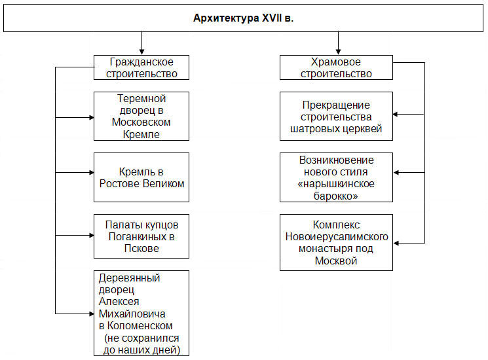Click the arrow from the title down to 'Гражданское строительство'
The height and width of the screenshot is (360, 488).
click(142, 43)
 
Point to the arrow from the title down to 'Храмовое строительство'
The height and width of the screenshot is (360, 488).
click(338, 43)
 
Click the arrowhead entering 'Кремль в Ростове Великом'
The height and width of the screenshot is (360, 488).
click(92, 173)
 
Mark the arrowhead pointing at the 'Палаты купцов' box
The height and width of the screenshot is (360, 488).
click(92, 236)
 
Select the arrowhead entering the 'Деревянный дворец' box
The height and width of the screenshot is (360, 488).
click(92, 314)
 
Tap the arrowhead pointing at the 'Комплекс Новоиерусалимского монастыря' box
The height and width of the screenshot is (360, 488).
click(396, 243)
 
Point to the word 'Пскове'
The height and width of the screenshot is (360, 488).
click(141, 248)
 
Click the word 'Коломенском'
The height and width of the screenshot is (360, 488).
click(140, 326)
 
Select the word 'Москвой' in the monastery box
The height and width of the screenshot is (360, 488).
click(336, 261)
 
